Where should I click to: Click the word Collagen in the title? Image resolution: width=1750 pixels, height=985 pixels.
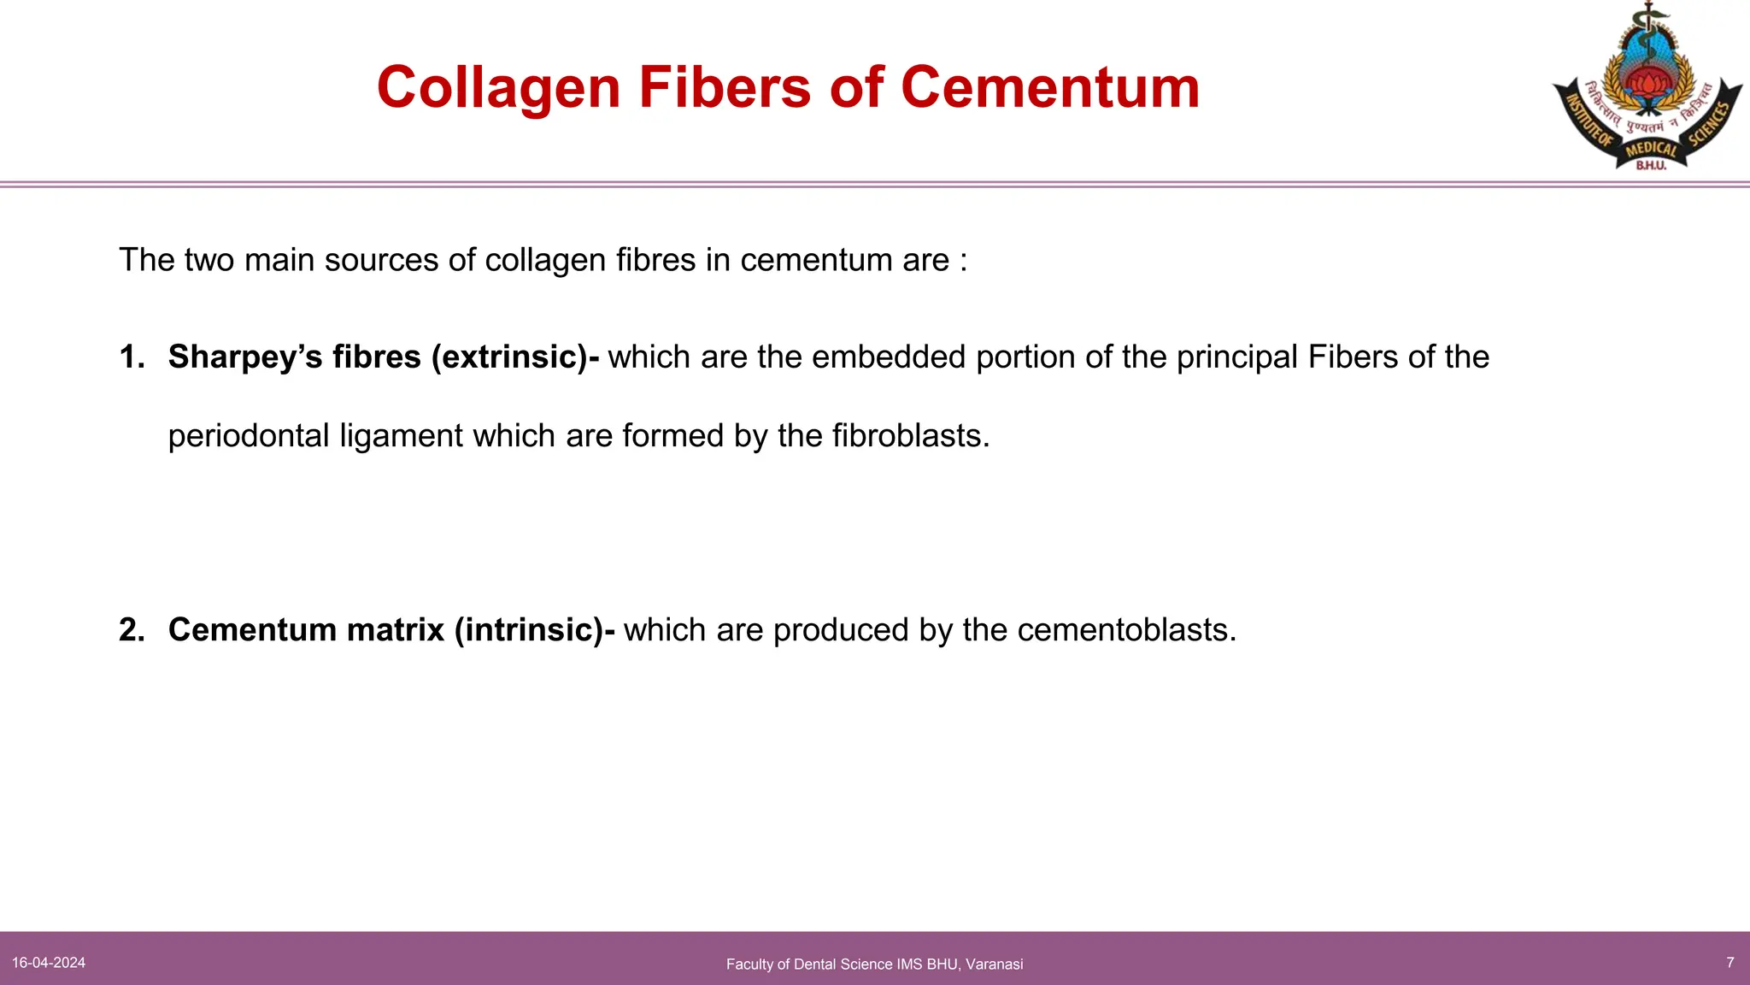pyautogui.click(x=498, y=88)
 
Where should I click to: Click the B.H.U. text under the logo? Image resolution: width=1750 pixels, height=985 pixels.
pyautogui.click(x=1651, y=166)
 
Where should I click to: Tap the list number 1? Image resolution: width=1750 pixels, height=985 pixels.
pyautogui.click(x=131, y=357)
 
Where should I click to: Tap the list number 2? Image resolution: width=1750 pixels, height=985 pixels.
pyautogui.click(x=131, y=630)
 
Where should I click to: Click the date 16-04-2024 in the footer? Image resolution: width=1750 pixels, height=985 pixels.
pyautogui.click(x=49, y=963)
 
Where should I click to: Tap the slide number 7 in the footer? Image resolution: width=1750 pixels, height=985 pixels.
pyautogui.click(x=1730, y=963)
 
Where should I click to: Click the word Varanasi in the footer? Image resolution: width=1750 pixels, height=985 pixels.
pyautogui.click(x=994, y=964)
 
